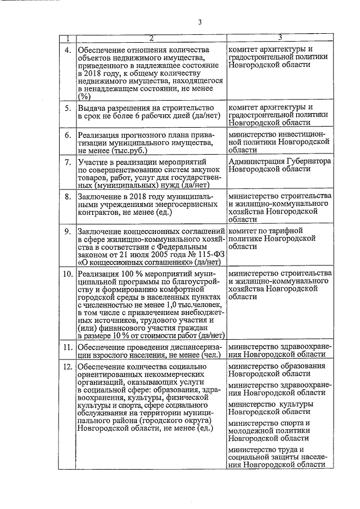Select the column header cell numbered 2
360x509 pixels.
[151, 38]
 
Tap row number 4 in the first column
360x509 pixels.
[67, 50]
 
